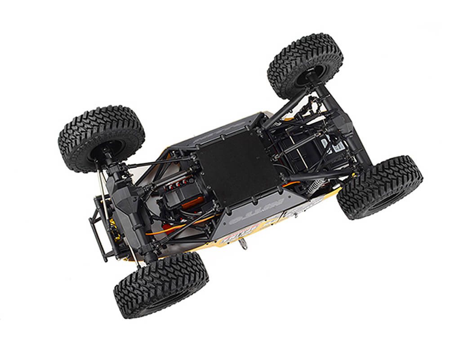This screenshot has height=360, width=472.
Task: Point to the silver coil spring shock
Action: tap(318, 184)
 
